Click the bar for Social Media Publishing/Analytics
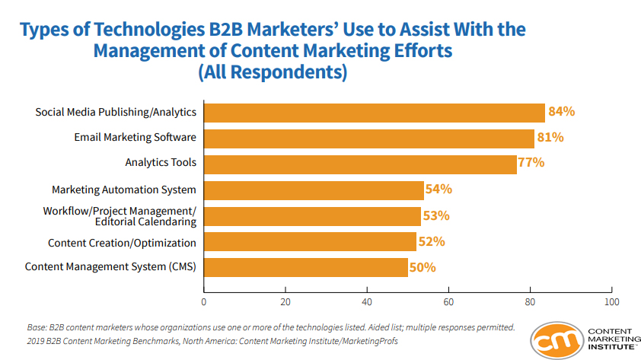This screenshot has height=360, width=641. click(x=374, y=113)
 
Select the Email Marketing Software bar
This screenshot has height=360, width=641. click(x=368, y=138)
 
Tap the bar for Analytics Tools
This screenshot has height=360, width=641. click(x=360, y=164)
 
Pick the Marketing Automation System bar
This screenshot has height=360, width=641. click(x=314, y=190)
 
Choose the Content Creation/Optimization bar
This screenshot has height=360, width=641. click(x=310, y=242)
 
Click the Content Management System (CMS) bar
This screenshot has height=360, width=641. click(x=305, y=267)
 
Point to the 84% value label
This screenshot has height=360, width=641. click(x=561, y=112)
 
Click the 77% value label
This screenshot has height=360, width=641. click(x=532, y=163)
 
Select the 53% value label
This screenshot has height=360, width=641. click(x=436, y=215)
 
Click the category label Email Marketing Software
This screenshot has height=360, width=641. click(x=135, y=138)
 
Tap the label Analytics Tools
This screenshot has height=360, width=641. click(x=161, y=163)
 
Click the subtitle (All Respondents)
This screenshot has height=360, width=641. click(x=272, y=73)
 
